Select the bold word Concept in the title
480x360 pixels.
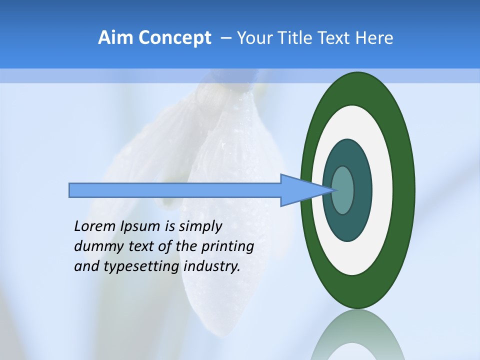(174, 38)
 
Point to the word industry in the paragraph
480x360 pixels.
(212, 267)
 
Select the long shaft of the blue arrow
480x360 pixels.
(175, 190)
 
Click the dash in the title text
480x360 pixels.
(225, 38)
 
